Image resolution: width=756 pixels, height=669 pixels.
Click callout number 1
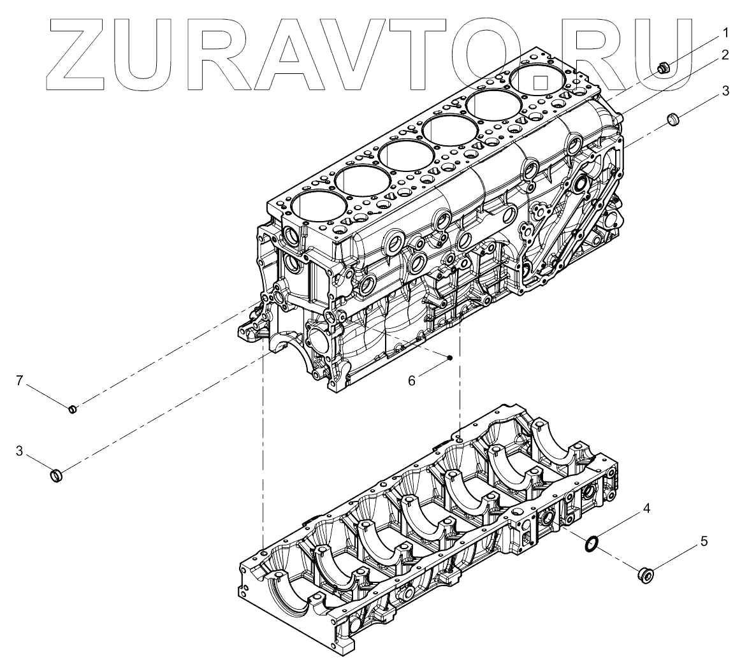(x=725, y=34)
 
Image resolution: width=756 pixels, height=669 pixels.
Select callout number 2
(x=725, y=55)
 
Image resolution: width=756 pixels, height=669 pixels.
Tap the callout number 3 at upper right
(x=725, y=91)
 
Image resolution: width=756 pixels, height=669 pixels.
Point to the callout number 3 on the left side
(x=19, y=452)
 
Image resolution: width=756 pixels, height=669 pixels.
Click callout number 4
(x=646, y=508)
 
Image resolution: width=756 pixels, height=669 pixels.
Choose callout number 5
(x=704, y=542)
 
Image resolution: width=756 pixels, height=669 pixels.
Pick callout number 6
(x=411, y=381)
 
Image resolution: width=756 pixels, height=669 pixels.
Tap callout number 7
(x=19, y=381)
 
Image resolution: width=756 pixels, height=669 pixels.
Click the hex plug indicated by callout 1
(x=664, y=69)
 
